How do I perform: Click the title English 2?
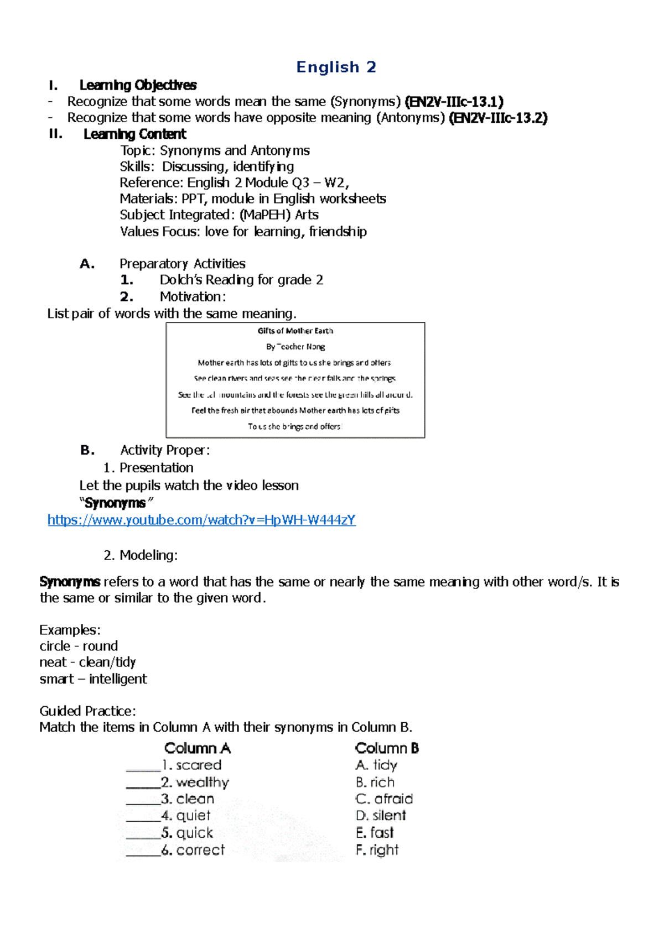click(x=336, y=67)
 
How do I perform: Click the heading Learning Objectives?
click(x=138, y=85)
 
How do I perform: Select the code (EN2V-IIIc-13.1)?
click(x=454, y=102)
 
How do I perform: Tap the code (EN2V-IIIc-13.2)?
click(x=497, y=118)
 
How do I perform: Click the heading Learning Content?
click(x=134, y=134)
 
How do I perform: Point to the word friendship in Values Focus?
click(x=338, y=231)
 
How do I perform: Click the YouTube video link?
click(x=201, y=520)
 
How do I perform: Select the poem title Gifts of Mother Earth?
click(x=295, y=331)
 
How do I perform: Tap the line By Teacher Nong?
click(x=295, y=347)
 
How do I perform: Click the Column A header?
click(x=198, y=748)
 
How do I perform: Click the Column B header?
click(x=387, y=748)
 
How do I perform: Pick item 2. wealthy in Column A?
click(x=195, y=782)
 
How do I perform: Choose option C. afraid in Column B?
click(x=384, y=799)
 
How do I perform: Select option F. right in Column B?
click(x=377, y=849)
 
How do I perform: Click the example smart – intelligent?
click(x=93, y=679)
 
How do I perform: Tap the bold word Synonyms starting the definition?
click(x=70, y=582)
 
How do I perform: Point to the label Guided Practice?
click(x=87, y=711)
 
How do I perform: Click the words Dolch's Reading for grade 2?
click(x=241, y=280)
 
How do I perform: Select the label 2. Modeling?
click(x=141, y=555)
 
